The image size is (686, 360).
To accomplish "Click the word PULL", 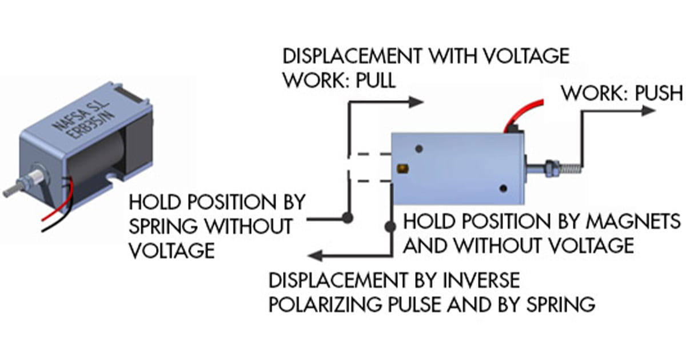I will (375, 80).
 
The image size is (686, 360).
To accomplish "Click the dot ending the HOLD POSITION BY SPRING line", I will (346, 218).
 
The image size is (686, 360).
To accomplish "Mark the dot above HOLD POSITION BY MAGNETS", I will (390, 227).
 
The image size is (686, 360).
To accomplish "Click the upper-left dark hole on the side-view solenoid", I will (419, 149).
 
